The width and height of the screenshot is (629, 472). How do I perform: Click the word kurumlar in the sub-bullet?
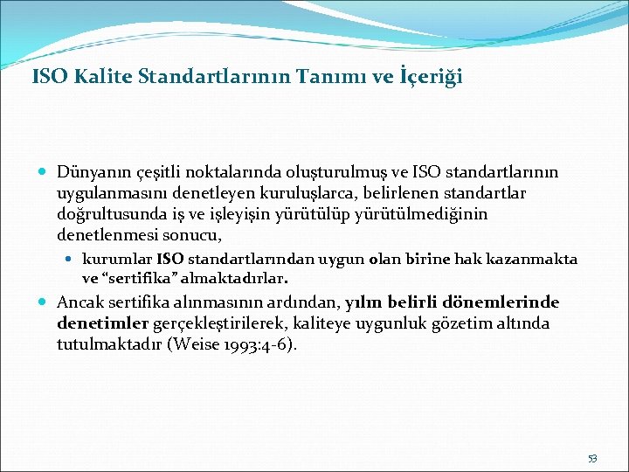click(117, 259)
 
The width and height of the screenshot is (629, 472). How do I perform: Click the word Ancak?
click(79, 302)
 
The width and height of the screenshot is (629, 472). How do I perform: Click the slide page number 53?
click(593, 459)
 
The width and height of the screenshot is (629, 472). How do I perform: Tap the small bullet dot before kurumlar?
click(73, 259)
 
